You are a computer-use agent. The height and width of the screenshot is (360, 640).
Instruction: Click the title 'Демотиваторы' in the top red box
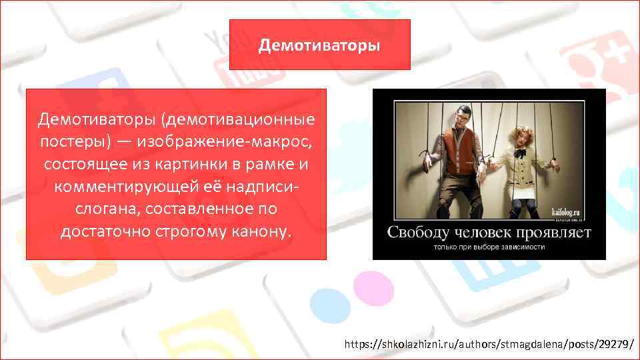pyautogui.click(x=320, y=45)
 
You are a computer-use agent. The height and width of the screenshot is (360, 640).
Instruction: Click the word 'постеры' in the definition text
pyautogui.click(x=69, y=143)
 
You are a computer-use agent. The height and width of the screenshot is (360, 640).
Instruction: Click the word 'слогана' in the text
pyautogui.click(x=106, y=209)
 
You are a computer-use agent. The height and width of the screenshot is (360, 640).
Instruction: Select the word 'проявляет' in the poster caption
pyautogui.click(x=557, y=232)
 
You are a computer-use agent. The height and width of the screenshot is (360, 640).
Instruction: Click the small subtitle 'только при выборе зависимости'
pyautogui.click(x=489, y=247)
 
